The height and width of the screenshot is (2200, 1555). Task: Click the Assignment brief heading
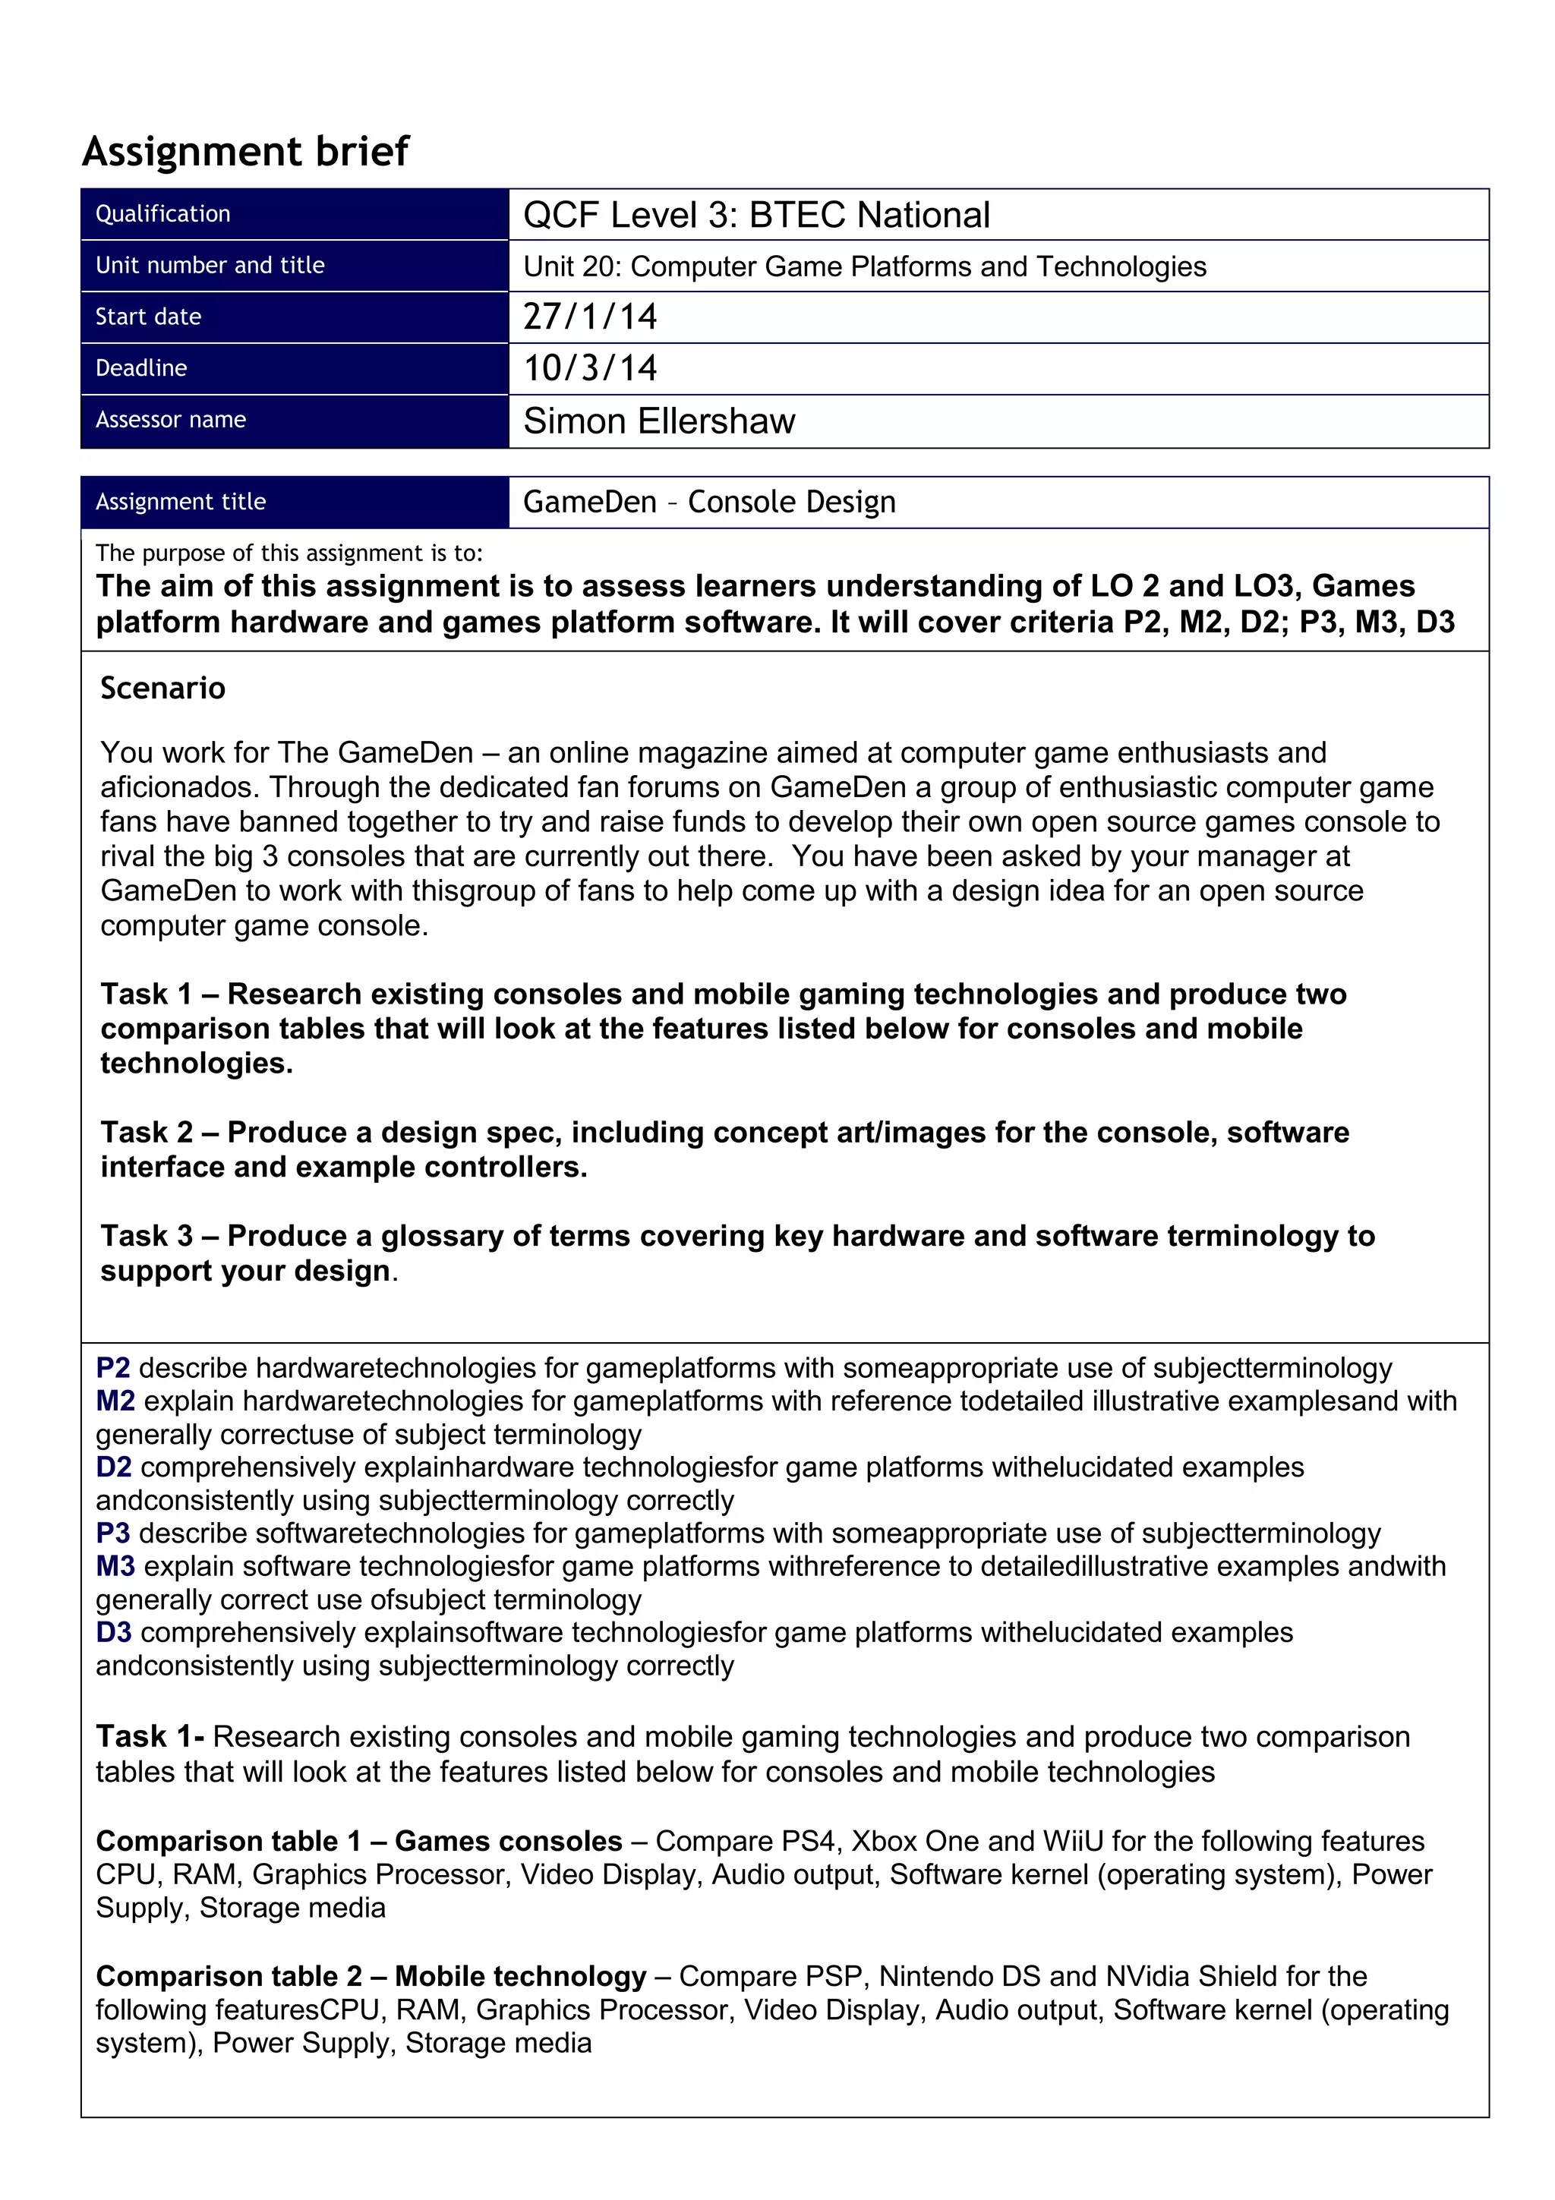pyautogui.click(x=245, y=151)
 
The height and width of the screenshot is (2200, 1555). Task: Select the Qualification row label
pyautogui.click(x=163, y=213)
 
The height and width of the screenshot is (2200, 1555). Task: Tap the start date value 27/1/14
pyautogui.click(x=589, y=317)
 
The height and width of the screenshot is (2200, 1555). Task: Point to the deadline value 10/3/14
pyautogui.click(x=589, y=369)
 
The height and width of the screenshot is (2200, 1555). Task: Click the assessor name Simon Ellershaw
pyautogui.click(x=658, y=421)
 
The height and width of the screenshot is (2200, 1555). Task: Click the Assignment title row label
pyautogui.click(x=180, y=502)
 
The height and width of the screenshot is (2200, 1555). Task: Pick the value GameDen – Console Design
pyautogui.click(x=709, y=502)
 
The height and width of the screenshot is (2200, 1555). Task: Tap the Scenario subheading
pyautogui.click(x=163, y=688)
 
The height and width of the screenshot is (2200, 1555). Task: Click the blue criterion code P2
pyautogui.click(x=113, y=1368)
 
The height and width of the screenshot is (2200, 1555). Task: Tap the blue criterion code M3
pyautogui.click(x=115, y=1567)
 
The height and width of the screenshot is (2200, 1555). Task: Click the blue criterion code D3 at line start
pyautogui.click(x=113, y=1633)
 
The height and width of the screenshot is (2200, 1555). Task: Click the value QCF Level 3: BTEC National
pyautogui.click(x=756, y=215)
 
